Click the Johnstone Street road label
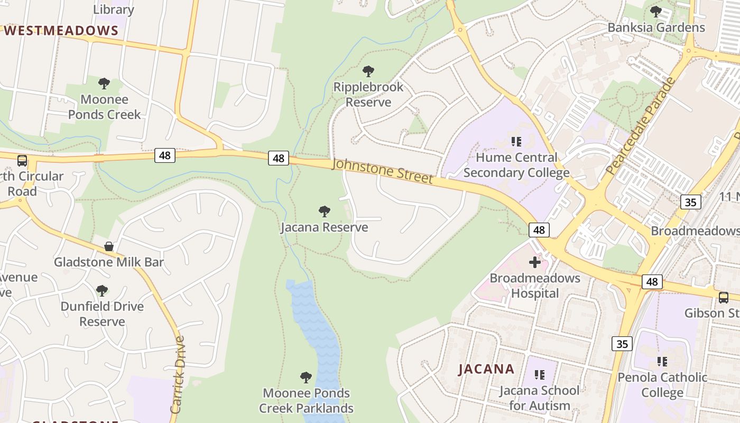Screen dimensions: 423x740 click(382, 171)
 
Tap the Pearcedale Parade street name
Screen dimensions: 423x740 click(641, 126)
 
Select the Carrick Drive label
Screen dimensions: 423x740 click(178, 374)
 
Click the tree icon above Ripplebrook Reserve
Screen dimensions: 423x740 click(368, 71)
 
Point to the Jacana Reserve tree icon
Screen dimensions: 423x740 click(325, 212)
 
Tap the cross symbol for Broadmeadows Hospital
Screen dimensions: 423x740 click(535, 262)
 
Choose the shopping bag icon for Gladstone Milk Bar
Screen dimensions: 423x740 click(109, 246)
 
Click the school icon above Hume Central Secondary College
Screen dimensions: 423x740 click(516, 141)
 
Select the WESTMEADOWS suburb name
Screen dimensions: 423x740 click(61, 31)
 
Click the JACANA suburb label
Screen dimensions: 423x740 click(486, 369)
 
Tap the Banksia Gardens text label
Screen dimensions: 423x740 click(656, 27)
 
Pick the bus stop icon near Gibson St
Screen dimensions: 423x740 click(723, 297)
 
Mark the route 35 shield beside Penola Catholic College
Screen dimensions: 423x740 click(622, 344)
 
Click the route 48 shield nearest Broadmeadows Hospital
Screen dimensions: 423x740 click(539, 229)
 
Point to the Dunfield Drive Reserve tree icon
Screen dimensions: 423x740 click(102, 290)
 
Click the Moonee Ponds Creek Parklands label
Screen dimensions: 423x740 click(306, 401)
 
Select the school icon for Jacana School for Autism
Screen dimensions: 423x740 click(539, 375)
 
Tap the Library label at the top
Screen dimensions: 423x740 click(114, 10)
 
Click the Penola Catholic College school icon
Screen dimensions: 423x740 click(662, 361)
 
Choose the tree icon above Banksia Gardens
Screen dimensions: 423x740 click(656, 11)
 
